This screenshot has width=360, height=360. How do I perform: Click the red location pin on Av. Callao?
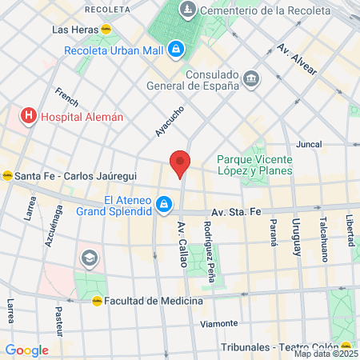pyautogui.click(x=180, y=163)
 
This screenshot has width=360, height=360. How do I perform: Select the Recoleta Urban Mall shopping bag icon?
pyautogui.click(x=176, y=51)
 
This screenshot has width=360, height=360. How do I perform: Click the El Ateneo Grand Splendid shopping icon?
pyautogui.click(x=164, y=206)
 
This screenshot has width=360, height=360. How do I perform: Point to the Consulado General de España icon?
pyautogui.click(x=252, y=78)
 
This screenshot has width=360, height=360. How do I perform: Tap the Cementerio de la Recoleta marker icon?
pyautogui.click(x=188, y=10)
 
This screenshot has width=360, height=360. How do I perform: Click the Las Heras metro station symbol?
pyautogui.click(x=106, y=29)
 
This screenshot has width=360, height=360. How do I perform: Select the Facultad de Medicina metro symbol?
pyautogui.click(x=97, y=301)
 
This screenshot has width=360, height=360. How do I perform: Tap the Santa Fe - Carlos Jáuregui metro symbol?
pyautogui.click(x=7, y=176)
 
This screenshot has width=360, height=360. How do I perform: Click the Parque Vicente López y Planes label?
pyautogui.click(x=254, y=164)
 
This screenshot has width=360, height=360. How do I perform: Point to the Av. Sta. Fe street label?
pyautogui.click(x=238, y=212)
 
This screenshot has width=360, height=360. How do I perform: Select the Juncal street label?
pyautogui.click(x=308, y=146)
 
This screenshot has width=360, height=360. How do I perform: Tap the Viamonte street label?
pyautogui.click(x=219, y=323)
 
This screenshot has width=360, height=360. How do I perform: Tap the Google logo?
pyautogui.click(x=26, y=350)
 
